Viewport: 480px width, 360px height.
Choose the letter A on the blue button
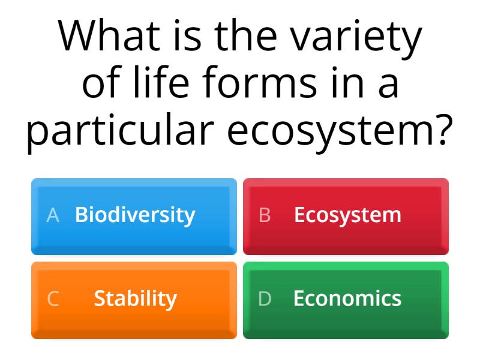pyautogui.click(x=53, y=215)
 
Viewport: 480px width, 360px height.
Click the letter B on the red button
pyautogui.click(x=265, y=215)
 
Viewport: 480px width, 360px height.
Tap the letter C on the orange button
pyautogui.click(x=53, y=299)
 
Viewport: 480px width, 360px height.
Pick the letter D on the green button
pyautogui.click(x=265, y=299)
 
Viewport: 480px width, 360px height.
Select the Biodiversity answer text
pyautogui.click(x=135, y=215)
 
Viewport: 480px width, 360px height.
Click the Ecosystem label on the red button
pyautogui.click(x=347, y=215)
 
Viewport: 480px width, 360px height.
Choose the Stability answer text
pyautogui.click(x=135, y=298)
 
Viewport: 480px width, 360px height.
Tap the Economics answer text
pyautogui.click(x=347, y=298)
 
